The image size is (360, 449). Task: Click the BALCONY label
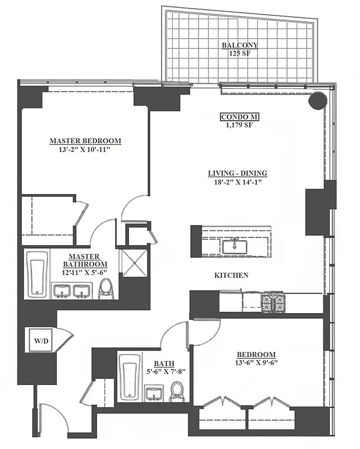pos(240,45)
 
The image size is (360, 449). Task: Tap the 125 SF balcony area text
pos(240,54)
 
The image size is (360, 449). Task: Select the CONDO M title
pos(239,117)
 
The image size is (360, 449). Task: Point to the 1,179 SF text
pos(239,125)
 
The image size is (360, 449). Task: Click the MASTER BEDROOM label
pos(85,141)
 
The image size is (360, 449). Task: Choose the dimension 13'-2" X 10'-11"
pos(85,150)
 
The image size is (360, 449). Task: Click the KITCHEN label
pos(231,276)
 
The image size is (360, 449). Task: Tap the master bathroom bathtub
pos(38,273)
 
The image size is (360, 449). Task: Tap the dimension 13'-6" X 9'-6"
pos(256,364)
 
